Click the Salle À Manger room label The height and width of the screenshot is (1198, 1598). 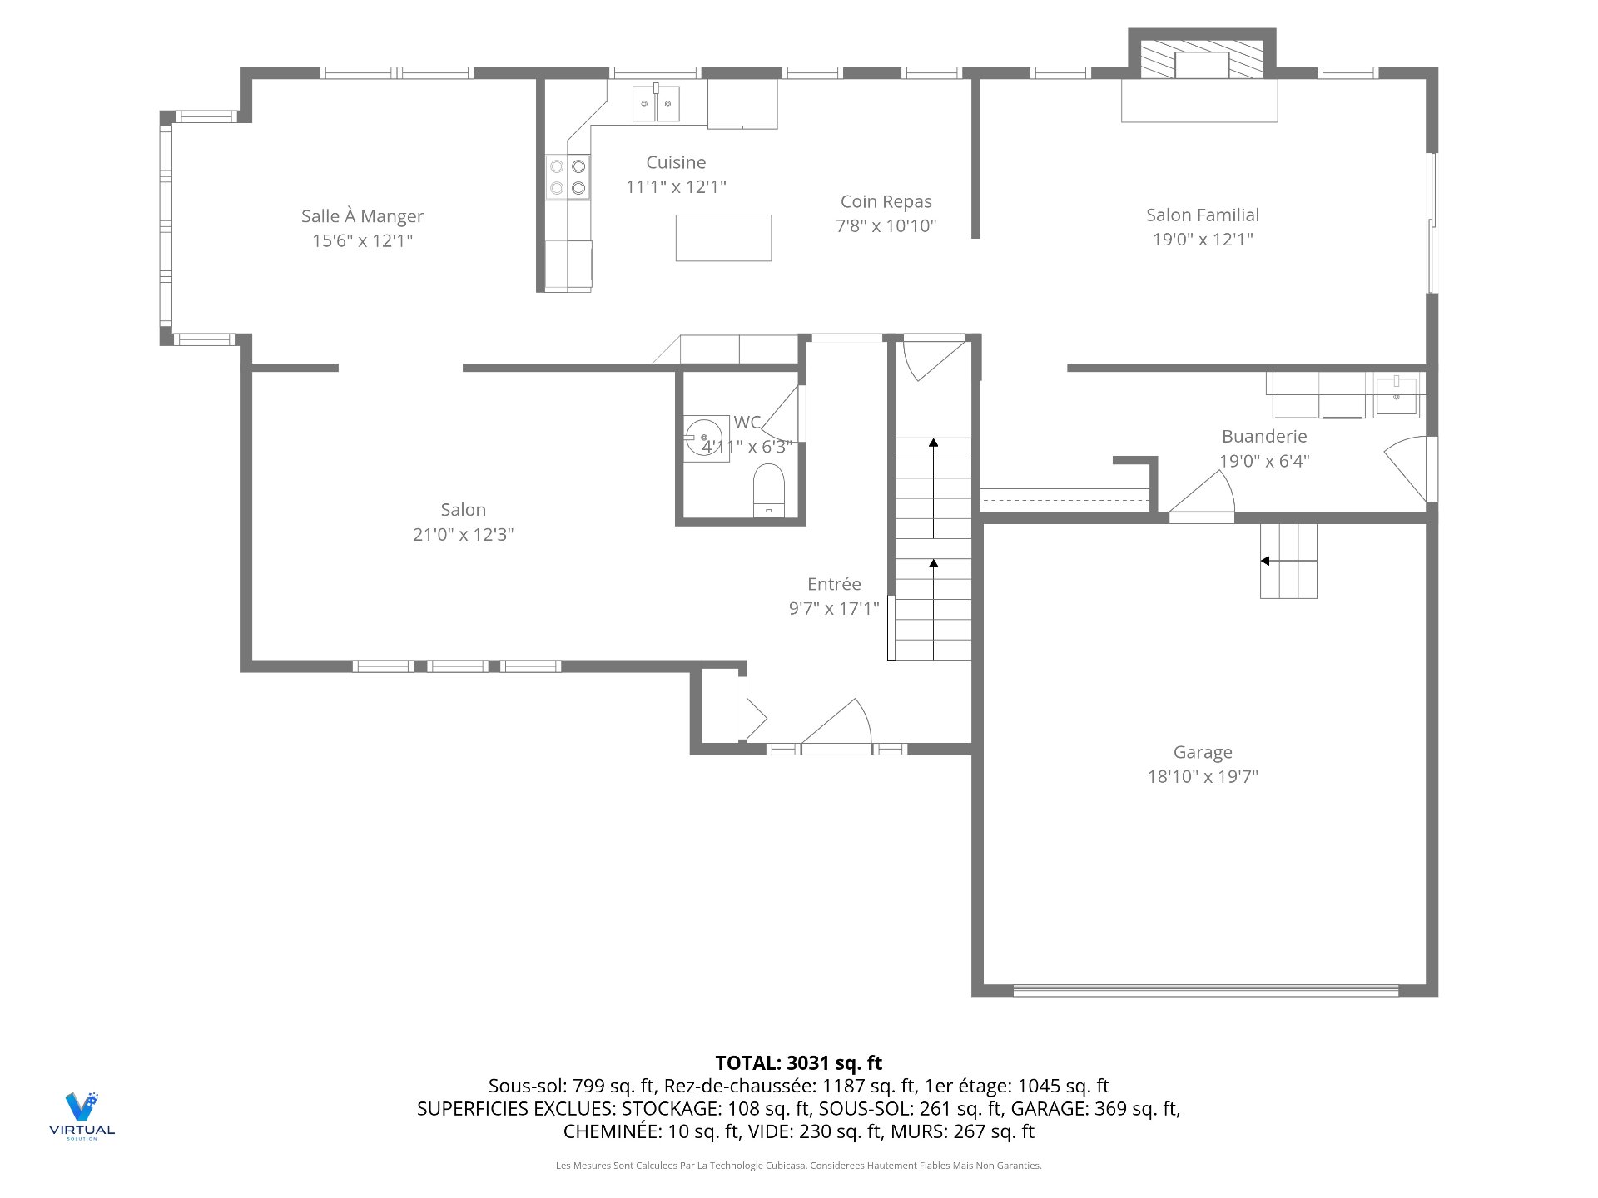(x=362, y=216)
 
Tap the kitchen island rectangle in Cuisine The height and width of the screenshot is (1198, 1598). (x=723, y=238)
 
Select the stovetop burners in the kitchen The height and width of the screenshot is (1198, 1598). (x=568, y=177)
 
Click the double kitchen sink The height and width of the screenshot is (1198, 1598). (x=656, y=103)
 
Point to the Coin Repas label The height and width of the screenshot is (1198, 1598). (x=886, y=201)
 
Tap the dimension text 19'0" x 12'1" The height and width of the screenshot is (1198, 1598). (x=1203, y=240)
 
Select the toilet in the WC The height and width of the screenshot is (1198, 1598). (x=768, y=491)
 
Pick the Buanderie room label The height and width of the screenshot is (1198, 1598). (x=1264, y=436)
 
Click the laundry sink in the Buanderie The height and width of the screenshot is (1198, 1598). (x=1396, y=395)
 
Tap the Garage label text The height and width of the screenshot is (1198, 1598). (x=1203, y=753)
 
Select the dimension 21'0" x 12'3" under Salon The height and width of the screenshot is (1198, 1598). (x=464, y=535)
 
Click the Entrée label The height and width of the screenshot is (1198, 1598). (x=834, y=584)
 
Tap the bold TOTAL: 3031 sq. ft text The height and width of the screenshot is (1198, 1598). (x=799, y=1062)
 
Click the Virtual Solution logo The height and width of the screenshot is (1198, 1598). (x=82, y=1115)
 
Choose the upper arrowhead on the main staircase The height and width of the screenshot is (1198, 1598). (x=934, y=443)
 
